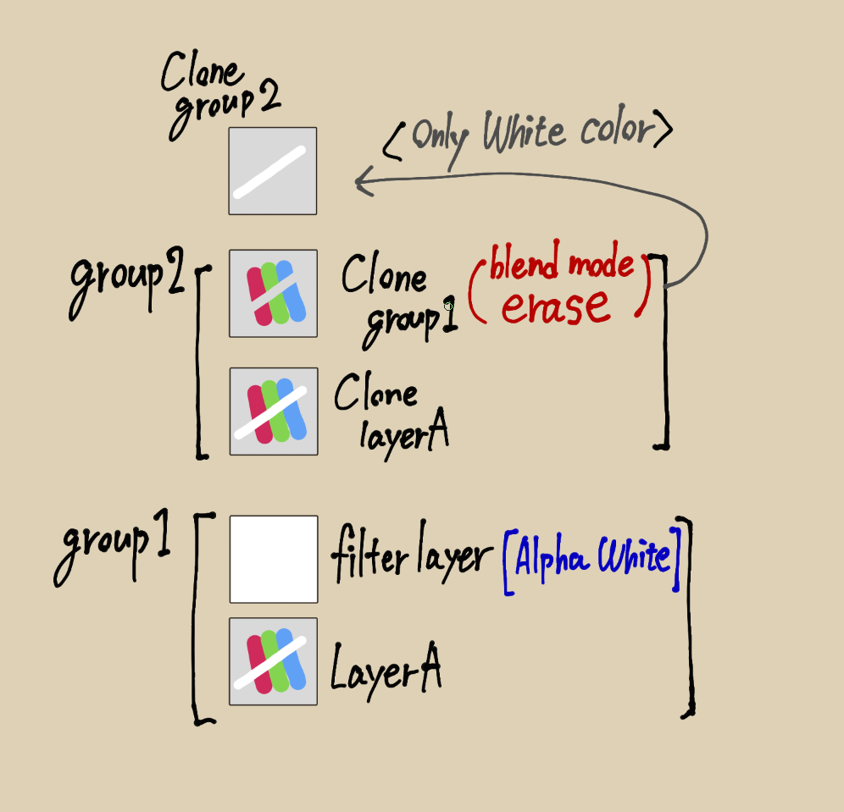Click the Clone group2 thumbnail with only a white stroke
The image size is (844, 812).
click(273, 171)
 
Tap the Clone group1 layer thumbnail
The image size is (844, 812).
click(274, 294)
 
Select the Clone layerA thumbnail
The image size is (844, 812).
click(274, 412)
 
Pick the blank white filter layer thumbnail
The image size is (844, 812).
click(274, 560)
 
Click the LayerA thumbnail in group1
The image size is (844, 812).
click(274, 661)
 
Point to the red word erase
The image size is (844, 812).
click(556, 307)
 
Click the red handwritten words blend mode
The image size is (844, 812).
click(562, 262)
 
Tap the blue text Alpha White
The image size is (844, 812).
click(593, 556)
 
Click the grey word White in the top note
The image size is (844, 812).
click(525, 131)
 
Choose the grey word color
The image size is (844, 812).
click(618, 127)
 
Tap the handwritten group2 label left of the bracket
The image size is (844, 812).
click(127, 281)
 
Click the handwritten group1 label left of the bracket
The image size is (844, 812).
click(113, 546)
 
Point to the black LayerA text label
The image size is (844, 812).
click(386, 670)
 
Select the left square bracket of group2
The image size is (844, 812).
click(203, 362)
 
